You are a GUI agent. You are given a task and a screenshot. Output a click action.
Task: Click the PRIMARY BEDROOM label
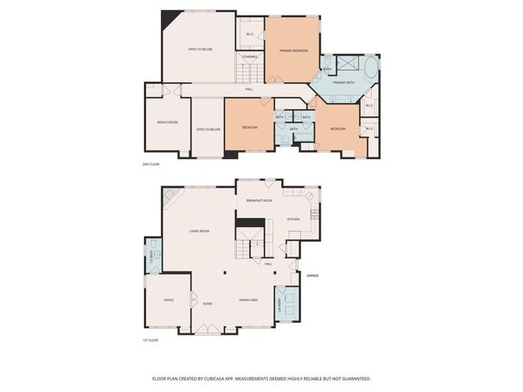coord(293,51)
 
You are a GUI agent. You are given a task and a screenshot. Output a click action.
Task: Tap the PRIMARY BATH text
coord(343,82)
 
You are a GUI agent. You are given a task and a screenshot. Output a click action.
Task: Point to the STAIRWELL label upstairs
coord(251,56)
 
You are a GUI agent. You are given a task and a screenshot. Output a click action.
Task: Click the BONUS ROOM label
coord(168,122)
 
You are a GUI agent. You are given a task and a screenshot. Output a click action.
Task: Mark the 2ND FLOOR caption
coord(150,164)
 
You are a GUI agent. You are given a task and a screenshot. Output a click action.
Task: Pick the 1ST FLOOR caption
coord(150,339)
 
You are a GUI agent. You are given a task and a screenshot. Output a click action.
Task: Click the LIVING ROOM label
coord(199,231)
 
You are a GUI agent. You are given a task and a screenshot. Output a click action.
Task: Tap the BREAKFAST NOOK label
coord(259,200)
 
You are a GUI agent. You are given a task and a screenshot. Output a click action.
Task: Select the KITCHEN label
coord(293,219)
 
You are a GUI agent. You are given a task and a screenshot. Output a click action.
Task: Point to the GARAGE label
coord(312,275)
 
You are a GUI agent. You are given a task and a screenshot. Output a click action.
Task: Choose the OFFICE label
coord(168,300)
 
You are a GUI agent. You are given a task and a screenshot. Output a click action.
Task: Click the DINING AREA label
coord(248,301)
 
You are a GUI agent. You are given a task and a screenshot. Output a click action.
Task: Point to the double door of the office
coord(193,300)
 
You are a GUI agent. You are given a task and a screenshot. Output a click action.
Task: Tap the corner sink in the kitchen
coord(308,197)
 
